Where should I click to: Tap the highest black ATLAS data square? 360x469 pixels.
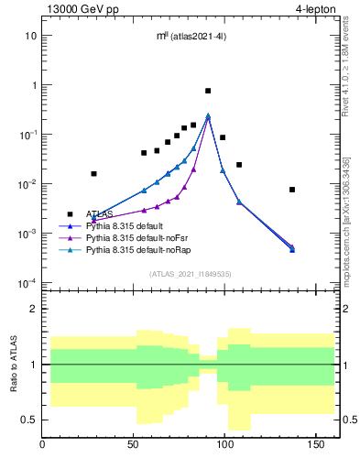(x=208, y=91)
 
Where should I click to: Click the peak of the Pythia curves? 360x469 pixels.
(x=208, y=116)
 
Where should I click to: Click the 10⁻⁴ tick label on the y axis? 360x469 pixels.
(x=28, y=283)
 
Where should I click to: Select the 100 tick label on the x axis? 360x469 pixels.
(x=226, y=446)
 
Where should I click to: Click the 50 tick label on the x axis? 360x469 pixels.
(x=135, y=446)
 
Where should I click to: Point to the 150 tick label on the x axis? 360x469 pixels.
(x=318, y=446)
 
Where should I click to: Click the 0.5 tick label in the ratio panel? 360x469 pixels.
(x=30, y=420)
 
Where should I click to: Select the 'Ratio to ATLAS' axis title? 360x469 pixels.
(x=12, y=365)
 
